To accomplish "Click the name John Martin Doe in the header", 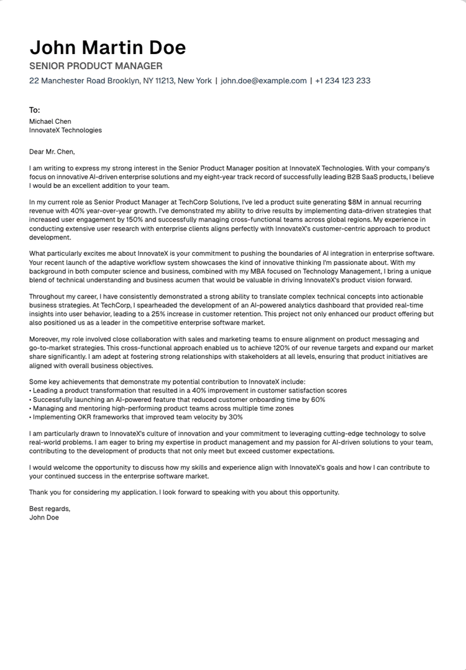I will [x=107, y=48].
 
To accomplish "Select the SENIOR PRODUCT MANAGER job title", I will [x=96, y=66].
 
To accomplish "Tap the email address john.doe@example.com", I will [x=263, y=81].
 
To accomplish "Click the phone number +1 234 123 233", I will [x=342, y=81].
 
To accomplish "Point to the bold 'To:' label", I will [x=35, y=110].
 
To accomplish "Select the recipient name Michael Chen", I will [x=50, y=121].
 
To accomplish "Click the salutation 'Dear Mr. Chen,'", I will [x=52, y=151].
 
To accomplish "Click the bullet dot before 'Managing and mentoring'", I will [x=30, y=408].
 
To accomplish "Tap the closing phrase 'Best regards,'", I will [x=50, y=508].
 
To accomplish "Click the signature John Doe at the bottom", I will [x=44, y=517].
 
